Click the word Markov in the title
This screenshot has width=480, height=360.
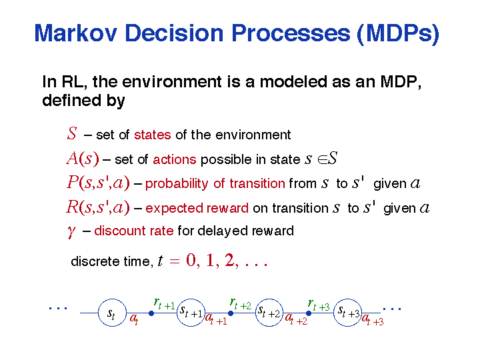[x=75, y=33]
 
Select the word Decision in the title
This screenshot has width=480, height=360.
[x=174, y=33]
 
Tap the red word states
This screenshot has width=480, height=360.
[x=153, y=135]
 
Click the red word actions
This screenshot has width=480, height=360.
[x=175, y=159]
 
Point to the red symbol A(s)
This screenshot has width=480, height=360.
[x=83, y=159]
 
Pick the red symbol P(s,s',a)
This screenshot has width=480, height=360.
[x=98, y=183]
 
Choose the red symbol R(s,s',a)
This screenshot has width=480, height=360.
[x=98, y=207]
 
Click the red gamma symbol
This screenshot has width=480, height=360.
[x=71, y=231]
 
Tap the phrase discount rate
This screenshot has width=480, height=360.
[x=134, y=231]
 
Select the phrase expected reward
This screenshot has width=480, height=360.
[x=197, y=208]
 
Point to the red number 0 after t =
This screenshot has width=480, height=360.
[x=191, y=261]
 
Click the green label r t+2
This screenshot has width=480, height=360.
[x=241, y=304]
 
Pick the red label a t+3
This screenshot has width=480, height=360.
[x=373, y=320]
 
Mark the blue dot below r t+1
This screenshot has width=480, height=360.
[x=151, y=313]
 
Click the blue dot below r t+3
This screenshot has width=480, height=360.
[x=309, y=313]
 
